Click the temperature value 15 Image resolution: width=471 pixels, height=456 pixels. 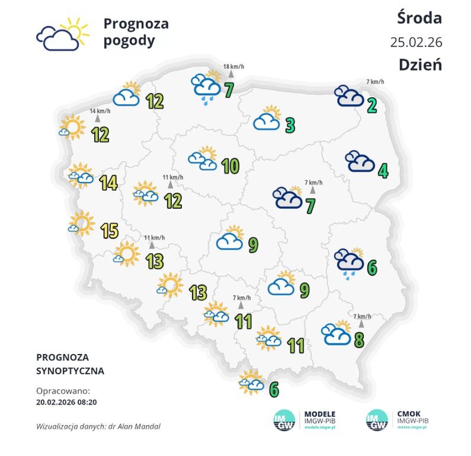tap(109, 230)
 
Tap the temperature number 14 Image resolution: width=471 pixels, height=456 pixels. tap(108, 183)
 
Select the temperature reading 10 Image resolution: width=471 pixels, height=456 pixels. tap(229, 166)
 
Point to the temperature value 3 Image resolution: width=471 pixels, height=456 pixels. tap(290, 125)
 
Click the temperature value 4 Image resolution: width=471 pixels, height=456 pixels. tap(383, 171)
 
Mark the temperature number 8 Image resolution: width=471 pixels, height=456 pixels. tap(359, 340)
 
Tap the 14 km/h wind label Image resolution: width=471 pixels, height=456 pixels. tap(100, 111)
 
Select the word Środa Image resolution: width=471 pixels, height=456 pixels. tap(419, 18)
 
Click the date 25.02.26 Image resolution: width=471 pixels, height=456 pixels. tap(416, 42)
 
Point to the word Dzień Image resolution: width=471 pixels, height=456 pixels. tap(420, 65)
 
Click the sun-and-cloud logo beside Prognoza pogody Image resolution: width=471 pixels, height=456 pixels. tap(62, 34)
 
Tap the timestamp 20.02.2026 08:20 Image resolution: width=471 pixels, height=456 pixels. tap(66, 401)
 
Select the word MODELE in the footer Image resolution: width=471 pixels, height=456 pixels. tap(319, 414)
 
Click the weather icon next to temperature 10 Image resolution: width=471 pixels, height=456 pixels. tap(203, 159)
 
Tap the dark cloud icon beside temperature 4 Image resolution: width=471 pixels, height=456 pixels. tap(360, 161)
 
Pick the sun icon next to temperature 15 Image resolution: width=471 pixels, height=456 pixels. tap(81, 224)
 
